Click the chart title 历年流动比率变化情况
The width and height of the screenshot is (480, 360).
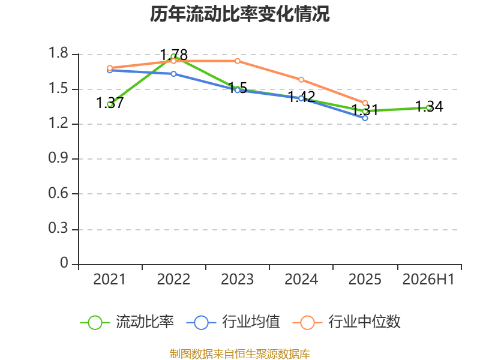pos(239,14)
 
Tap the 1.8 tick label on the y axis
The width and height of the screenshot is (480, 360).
pos(58,53)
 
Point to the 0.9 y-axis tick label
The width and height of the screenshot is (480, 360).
pos(58,158)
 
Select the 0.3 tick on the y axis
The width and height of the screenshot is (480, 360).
pos(58,228)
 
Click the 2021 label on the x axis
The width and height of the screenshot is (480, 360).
pos(110,279)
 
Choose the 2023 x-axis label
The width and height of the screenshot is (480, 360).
pos(237,279)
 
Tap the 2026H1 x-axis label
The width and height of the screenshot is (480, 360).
pos(428,279)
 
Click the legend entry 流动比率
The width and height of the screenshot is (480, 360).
pos(127,322)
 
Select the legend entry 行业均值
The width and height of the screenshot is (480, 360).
pos(233,322)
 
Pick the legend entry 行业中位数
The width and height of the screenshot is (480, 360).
pos(347,322)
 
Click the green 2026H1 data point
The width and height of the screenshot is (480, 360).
pos(429,108)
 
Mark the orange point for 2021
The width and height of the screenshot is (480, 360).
pos(110,68)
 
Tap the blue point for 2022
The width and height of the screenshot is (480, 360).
pos(173,74)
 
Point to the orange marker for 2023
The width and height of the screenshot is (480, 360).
pos(237,61)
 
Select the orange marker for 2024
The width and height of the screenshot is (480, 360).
pos(301,80)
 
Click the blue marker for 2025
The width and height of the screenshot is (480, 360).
pos(365,118)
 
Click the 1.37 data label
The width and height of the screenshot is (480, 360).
pos(110,103)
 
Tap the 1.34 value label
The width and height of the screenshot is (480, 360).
pos(429,107)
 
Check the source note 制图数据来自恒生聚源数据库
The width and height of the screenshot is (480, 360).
pos(240,354)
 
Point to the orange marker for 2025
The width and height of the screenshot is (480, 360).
pos(365,103)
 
